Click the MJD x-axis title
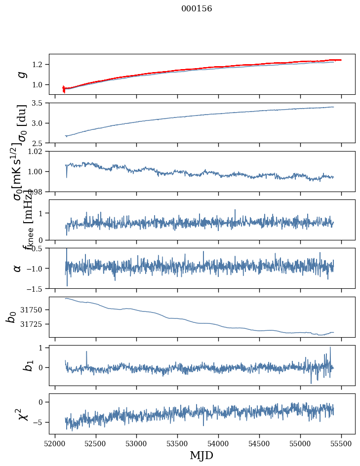[201, 455]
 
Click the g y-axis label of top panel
[21, 74]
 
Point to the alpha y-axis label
[17, 268]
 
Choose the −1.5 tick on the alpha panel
[36, 288]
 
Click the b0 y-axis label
[11, 316]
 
